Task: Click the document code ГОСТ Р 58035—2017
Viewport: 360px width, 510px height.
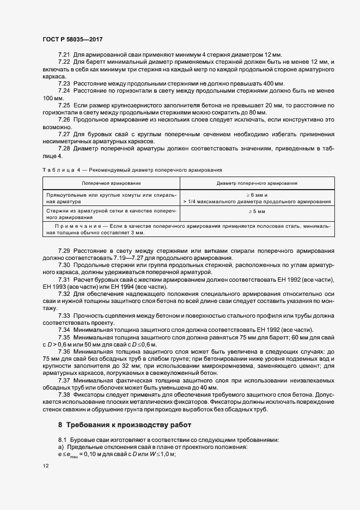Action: click(x=72, y=40)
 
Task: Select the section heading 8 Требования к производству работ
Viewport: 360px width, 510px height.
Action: click(x=124, y=424)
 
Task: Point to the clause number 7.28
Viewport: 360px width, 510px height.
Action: click(x=64, y=148)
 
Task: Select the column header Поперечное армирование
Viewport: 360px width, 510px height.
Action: click(x=111, y=184)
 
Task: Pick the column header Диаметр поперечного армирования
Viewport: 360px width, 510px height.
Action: click(x=256, y=184)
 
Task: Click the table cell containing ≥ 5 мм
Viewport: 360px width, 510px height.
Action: click(x=256, y=211)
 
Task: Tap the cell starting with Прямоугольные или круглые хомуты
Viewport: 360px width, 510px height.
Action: click(x=111, y=198)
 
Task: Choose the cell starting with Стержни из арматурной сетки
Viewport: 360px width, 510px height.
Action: click(x=111, y=214)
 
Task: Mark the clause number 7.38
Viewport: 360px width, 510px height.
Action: click(x=64, y=393)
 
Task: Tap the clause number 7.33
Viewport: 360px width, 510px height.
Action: click(x=64, y=315)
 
